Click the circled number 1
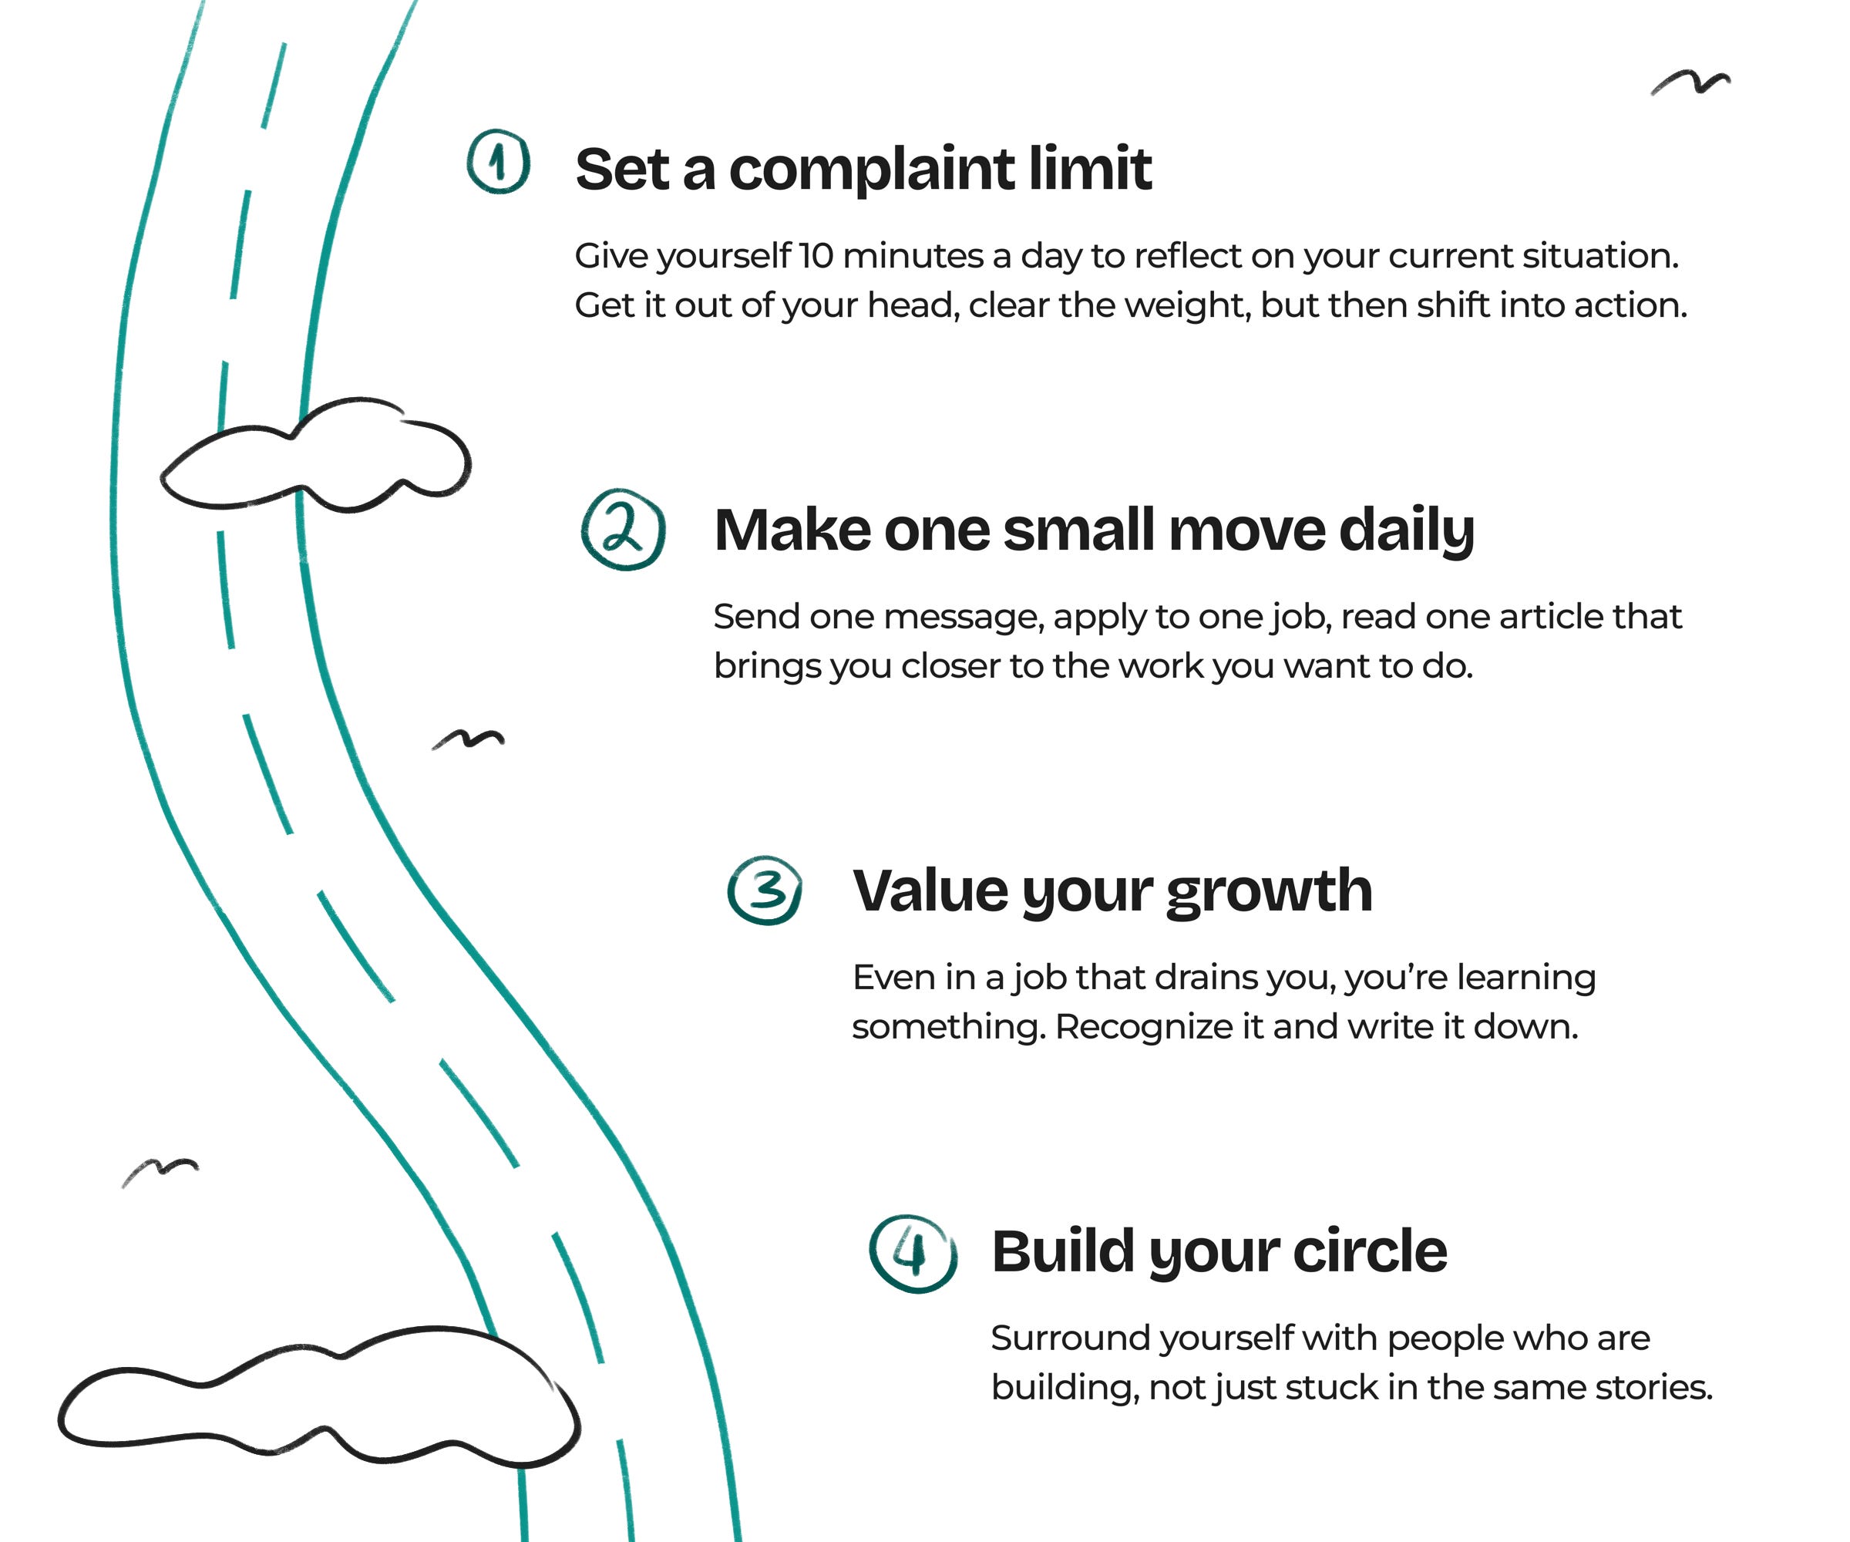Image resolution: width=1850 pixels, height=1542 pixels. pyautogui.click(x=499, y=162)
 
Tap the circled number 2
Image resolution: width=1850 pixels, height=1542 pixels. pyautogui.click(x=623, y=530)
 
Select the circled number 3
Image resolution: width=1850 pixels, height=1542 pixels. pyautogui.click(x=765, y=890)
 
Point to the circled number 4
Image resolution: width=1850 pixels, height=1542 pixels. pyautogui.click(x=913, y=1252)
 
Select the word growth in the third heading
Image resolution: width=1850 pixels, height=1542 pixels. pyautogui.click(x=1270, y=892)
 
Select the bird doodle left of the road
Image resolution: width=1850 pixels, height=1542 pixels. pyautogui.click(x=160, y=1170)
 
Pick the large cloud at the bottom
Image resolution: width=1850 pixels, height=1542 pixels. pyautogui.click(x=317, y=1401)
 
